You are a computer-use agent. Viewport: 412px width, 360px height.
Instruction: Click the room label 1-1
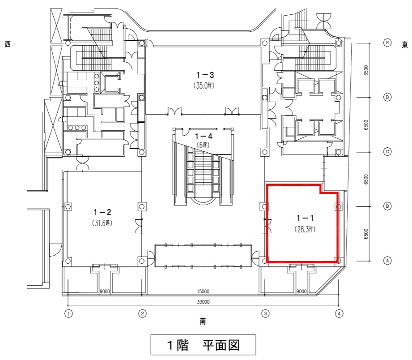point(305,218)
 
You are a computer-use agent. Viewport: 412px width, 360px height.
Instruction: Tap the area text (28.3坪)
point(305,229)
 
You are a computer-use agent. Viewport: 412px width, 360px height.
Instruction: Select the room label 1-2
point(102,212)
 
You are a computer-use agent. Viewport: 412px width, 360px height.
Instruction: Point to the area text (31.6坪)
point(102,223)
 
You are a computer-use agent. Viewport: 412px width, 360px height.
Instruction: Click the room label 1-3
point(205,75)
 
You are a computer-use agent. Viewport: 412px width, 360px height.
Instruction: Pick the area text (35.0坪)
point(204,86)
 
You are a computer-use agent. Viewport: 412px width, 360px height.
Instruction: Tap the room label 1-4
point(204,136)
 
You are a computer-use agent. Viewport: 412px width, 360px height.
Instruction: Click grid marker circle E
point(387,43)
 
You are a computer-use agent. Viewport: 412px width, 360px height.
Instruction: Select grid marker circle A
point(387,261)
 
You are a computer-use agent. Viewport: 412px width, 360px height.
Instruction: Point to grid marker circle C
point(387,152)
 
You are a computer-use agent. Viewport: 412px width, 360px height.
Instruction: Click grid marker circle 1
point(68,313)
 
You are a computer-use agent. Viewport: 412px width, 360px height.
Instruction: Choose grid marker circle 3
point(265,313)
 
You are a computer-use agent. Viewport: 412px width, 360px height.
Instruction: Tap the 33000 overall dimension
point(204,302)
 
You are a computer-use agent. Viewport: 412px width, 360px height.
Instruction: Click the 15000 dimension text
point(203,291)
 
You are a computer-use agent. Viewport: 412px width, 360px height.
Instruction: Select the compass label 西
point(8,44)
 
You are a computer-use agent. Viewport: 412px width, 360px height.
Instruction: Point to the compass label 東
point(405,45)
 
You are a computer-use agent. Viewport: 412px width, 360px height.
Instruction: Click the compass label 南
point(203,321)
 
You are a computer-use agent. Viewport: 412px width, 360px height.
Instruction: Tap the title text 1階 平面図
point(204,345)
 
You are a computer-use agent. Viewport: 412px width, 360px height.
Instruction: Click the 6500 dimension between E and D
point(366,70)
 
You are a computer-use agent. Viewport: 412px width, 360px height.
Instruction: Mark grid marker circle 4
point(339,313)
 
